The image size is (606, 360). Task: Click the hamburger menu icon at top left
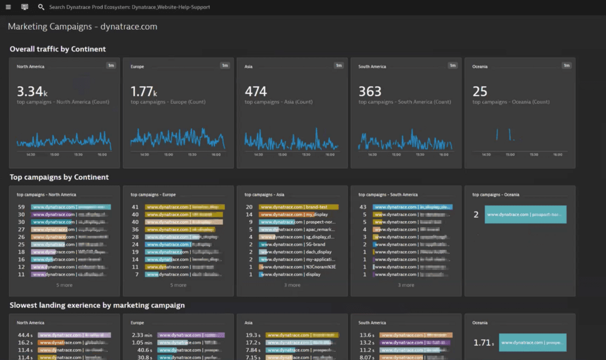(x=8, y=7)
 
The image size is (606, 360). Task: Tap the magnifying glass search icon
(x=41, y=7)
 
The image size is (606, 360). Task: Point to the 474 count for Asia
(x=256, y=91)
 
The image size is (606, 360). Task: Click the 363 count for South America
(x=370, y=91)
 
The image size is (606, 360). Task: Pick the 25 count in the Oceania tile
(x=480, y=91)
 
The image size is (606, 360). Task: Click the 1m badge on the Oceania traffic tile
(x=567, y=65)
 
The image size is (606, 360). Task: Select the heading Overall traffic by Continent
(x=58, y=49)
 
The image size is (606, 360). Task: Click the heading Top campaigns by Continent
(x=59, y=177)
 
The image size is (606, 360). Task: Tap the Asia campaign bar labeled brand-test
(x=298, y=207)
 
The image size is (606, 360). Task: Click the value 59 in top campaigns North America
(x=21, y=207)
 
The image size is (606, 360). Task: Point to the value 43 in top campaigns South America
(x=362, y=207)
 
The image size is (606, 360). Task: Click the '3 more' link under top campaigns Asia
(x=292, y=285)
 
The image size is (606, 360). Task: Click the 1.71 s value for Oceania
(x=483, y=343)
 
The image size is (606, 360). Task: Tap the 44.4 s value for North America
(x=25, y=335)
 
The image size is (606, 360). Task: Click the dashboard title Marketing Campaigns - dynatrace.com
(x=82, y=27)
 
